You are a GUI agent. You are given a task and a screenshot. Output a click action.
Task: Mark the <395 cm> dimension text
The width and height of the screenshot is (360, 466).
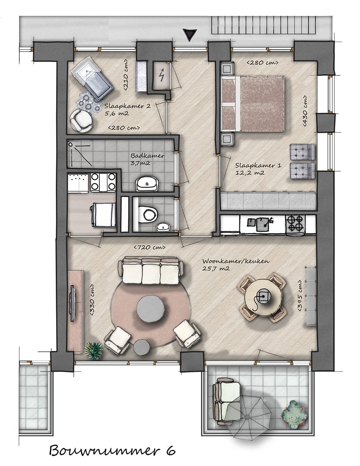coord(300,296)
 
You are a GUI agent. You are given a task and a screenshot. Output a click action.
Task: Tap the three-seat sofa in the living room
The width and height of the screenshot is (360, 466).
coord(150,271)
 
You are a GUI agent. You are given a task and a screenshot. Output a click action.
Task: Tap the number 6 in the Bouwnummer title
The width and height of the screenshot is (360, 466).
coord(170,451)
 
